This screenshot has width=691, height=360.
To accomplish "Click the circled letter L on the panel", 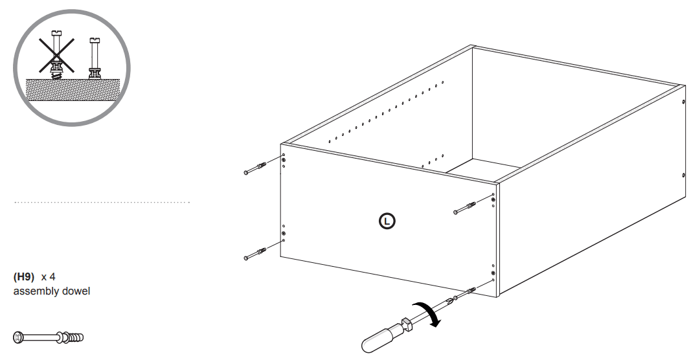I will [x=387, y=221].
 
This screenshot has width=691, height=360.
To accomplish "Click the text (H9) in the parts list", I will [x=24, y=276].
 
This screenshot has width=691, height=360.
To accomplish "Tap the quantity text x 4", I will [x=49, y=276].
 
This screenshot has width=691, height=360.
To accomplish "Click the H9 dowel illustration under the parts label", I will [x=48, y=337].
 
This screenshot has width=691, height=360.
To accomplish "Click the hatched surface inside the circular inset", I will [x=71, y=89].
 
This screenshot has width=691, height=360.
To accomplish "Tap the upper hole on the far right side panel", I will [x=683, y=102].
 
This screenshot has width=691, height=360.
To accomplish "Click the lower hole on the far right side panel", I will [x=683, y=175].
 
